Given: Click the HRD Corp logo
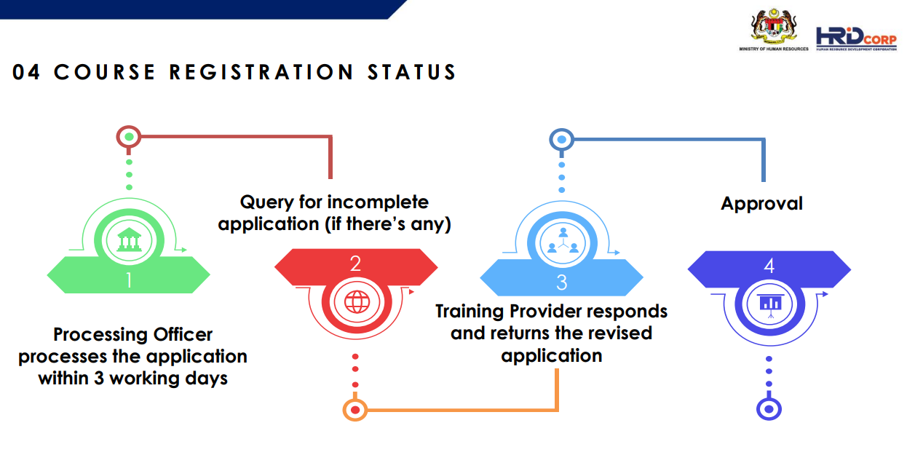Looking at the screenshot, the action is [856, 39].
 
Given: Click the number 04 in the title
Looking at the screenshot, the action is [26, 73].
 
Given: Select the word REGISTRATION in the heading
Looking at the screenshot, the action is [261, 73].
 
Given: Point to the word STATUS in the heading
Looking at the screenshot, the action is [412, 73].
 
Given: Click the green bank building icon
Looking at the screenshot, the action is [129, 240].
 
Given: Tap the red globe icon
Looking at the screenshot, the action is [357, 302].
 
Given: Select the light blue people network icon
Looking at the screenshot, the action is [563, 241].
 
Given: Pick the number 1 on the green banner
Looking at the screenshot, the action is [129, 280].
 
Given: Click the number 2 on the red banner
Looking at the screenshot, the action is [355, 264].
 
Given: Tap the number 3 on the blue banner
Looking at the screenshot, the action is [562, 282].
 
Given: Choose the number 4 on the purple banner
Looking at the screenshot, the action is [769, 266].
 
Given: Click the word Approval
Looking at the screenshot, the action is [761, 204].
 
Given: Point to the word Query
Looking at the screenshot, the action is [266, 202].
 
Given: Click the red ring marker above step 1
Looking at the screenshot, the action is [129, 137].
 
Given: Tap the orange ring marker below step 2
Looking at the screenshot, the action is [355, 410].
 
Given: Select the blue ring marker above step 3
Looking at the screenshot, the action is [562, 140].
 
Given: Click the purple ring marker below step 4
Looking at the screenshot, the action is [769, 409].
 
